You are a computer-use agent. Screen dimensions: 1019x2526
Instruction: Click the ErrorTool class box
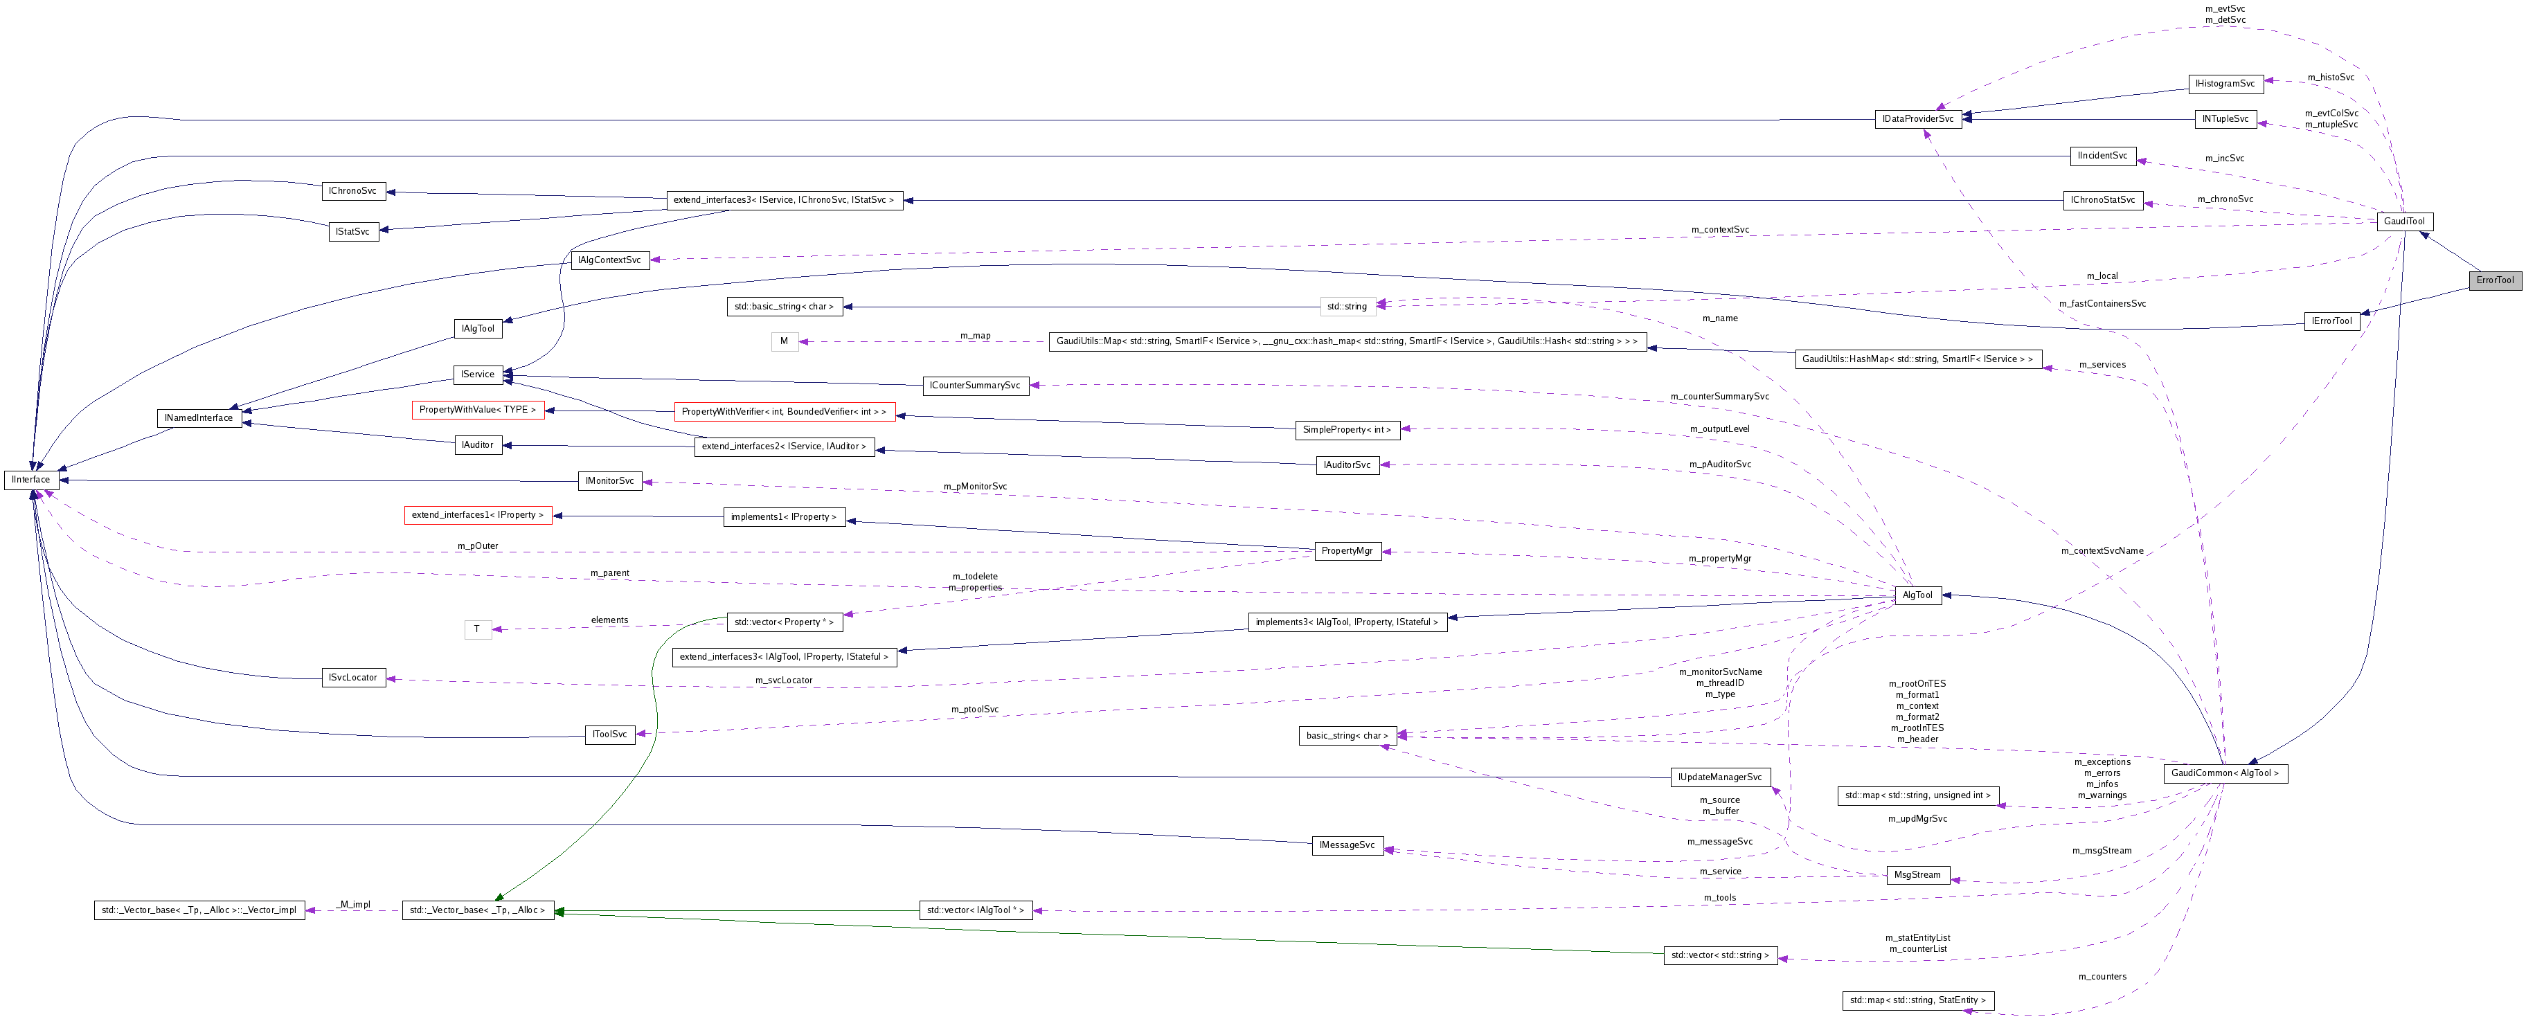coord(2495,280)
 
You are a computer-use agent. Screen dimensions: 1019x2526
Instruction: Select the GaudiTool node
coord(2404,222)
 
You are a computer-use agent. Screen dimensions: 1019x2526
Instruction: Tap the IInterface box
coord(31,480)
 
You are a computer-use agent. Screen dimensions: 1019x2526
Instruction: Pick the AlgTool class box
coord(1917,595)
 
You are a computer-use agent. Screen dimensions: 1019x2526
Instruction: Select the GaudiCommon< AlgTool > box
coord(2225,773)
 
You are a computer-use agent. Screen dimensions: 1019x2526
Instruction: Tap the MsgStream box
coord(1917,875)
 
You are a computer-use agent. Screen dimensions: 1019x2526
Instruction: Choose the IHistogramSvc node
coord(2225,84)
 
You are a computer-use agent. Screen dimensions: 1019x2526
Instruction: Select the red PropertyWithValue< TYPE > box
coord(478,410)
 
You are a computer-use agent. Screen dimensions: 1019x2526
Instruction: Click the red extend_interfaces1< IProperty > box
coord(478,515)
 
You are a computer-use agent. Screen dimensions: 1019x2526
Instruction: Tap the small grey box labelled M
coord(784,342)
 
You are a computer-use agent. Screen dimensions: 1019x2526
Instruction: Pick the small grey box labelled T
coord(478,630)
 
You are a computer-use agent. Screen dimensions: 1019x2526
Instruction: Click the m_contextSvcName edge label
coord(2102,551)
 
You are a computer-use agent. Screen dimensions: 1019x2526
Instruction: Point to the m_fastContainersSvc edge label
coord(2102,304)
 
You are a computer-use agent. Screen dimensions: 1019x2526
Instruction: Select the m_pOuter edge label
coord(478,546)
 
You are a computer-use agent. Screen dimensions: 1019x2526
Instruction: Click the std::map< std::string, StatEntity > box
coord(1917,1000)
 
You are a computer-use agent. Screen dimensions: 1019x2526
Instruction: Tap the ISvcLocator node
coord(353,678)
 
